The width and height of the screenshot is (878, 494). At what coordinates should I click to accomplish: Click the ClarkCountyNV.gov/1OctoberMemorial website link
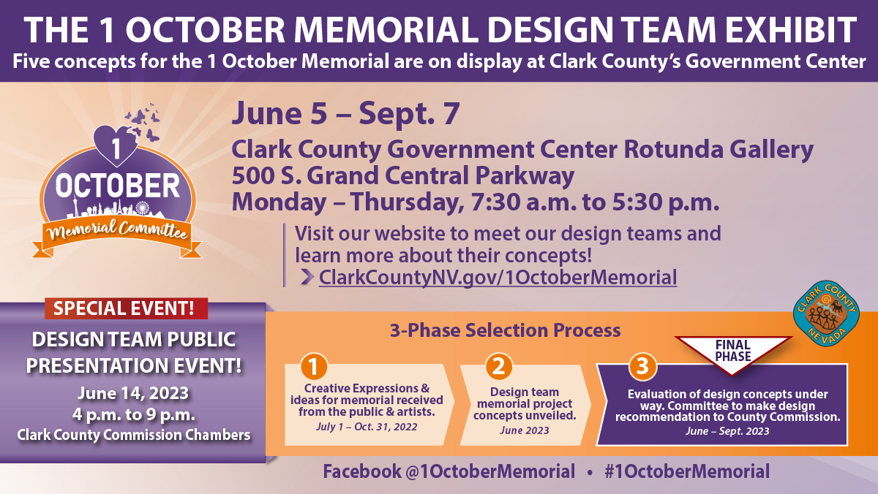coord(498,278)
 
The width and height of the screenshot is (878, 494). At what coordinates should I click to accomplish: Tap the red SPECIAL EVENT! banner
coord(126,308)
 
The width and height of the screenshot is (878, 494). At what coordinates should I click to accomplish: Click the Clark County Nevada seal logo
coord(826,313)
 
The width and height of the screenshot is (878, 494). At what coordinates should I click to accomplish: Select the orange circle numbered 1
coord(314,367)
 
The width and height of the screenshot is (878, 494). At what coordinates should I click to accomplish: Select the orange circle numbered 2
coord(498,366)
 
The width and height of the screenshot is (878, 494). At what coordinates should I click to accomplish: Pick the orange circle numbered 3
coord(642,366)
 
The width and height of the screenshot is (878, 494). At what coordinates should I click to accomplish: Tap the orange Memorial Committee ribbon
coord(117,237)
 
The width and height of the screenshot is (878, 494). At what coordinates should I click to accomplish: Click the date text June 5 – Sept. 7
coord(345,113)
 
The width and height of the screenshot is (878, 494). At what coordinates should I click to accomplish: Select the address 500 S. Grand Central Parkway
coord(403,175)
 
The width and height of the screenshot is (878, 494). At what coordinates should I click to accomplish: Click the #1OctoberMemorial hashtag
coord(687,471)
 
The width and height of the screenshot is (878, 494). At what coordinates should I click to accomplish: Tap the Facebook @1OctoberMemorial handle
coord(449,471)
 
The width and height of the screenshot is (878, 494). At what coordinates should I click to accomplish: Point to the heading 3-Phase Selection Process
coord(506,330)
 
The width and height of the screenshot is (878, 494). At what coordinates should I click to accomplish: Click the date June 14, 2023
coord(133,393)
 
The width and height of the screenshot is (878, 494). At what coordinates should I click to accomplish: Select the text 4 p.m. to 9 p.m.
coord(134,415)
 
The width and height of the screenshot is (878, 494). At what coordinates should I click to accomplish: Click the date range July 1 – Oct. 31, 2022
coord(367,427)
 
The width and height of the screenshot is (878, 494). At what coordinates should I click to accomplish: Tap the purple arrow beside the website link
coord(307,277)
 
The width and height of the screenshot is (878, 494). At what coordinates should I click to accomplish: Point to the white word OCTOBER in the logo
coord(118,186)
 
